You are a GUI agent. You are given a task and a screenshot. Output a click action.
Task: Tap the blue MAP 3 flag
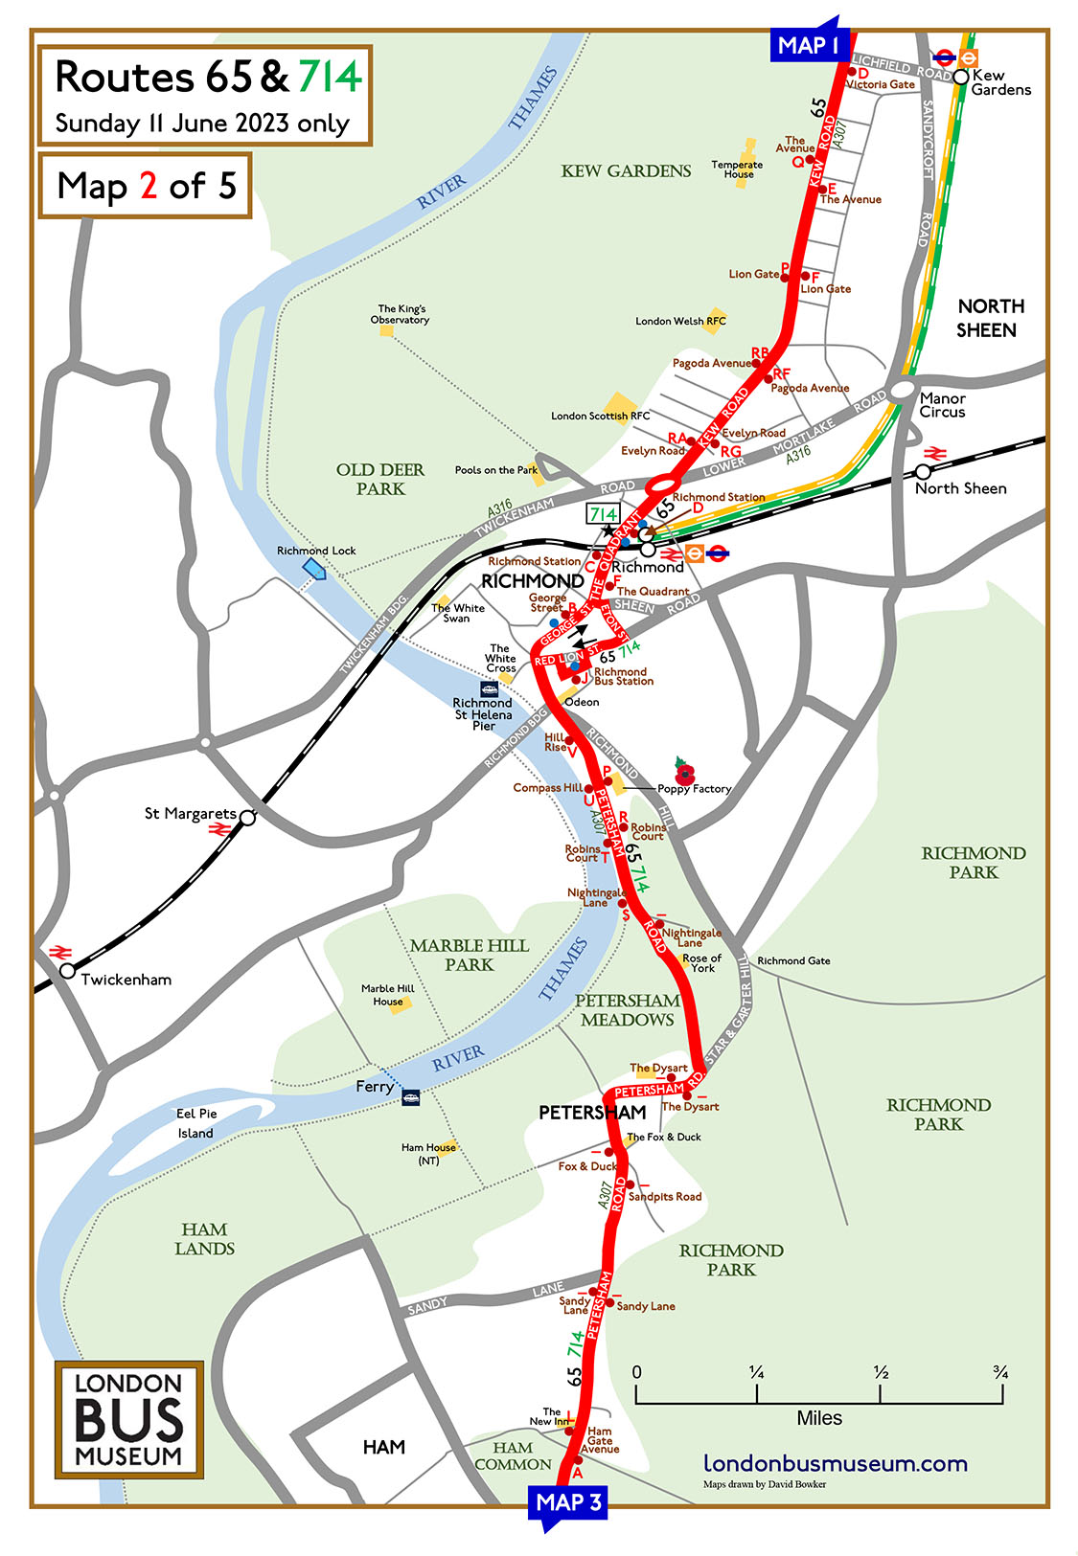[x=567, y=1502]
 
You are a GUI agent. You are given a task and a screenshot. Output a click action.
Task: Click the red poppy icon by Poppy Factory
[x=684, y=771]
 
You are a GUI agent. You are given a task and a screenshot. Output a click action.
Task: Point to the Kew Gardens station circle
[x=960, y=77]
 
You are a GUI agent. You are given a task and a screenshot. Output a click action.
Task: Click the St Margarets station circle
[x=247, y=818]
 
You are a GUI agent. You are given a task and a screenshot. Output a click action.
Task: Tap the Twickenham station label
[x=126, y=980]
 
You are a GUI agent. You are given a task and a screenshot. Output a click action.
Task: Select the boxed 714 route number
[x=603, y=514]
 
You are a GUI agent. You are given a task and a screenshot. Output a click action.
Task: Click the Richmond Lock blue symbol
[x=314, y=569]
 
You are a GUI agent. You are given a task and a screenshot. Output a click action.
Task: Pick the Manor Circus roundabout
[x=903, y=390]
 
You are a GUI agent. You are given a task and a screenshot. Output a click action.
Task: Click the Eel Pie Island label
[x=195, y=1123]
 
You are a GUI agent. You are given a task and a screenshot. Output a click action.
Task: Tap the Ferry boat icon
[x=411, y=1097]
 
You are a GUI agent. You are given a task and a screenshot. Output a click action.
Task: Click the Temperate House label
[x=737, y=169]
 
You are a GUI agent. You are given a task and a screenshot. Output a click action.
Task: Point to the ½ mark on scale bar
[x=881, y=1373]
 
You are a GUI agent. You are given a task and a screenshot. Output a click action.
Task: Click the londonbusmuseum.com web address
[x=835, y=1463]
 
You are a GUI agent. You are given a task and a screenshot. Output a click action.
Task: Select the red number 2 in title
[x=149, y=186]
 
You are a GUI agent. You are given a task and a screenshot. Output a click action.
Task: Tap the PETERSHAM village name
[x=592, y=1113]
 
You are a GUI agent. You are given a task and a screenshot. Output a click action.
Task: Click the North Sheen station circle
[x=923, y=472]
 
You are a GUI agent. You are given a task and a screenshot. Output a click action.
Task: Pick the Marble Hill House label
[x=387, y=995]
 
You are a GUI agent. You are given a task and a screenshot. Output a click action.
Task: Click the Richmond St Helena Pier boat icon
[x=489, y=688]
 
